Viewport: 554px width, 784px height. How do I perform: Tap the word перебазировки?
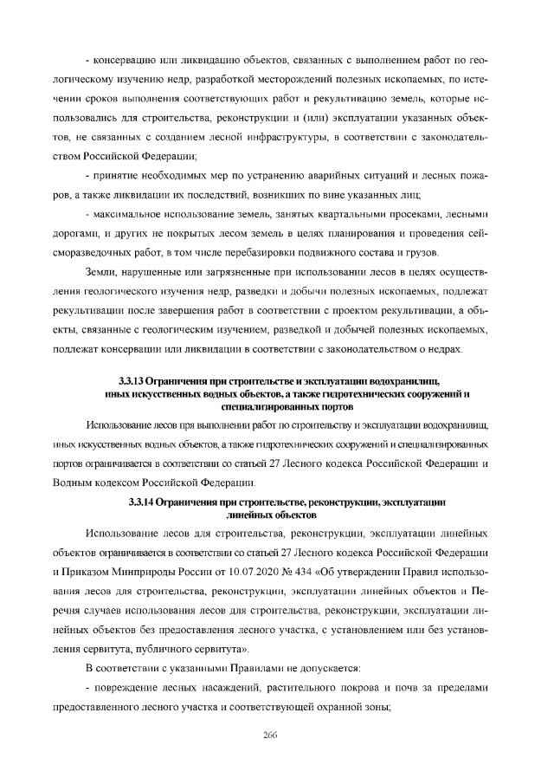[x=289, y=253]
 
